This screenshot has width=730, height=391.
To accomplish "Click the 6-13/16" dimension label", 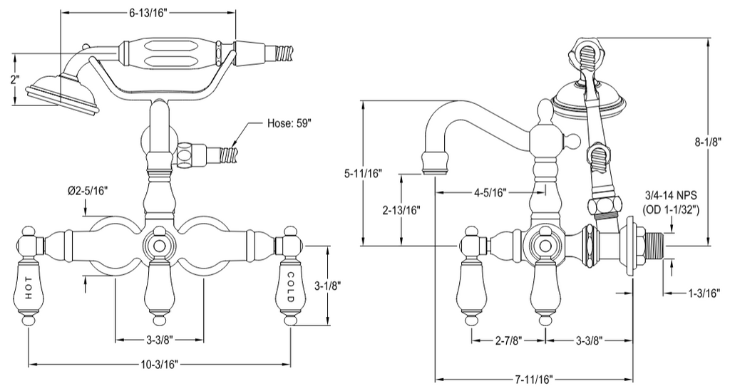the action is tap(148, 13).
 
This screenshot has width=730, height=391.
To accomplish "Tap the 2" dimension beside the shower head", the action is tap(15, 79).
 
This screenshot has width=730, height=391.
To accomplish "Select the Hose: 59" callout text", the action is tap(289, 124).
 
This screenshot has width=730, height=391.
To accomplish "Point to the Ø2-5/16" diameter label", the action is tap(88, 191).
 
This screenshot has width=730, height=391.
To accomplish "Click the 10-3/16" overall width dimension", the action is tap(160, 364).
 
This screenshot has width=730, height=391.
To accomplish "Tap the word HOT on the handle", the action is tap(29, 288).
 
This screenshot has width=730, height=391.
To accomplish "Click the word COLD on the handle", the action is tap(290, 287).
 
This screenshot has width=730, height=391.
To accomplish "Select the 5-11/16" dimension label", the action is tap(363, 174).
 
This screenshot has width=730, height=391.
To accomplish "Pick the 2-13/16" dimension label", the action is tap(401, 210).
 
